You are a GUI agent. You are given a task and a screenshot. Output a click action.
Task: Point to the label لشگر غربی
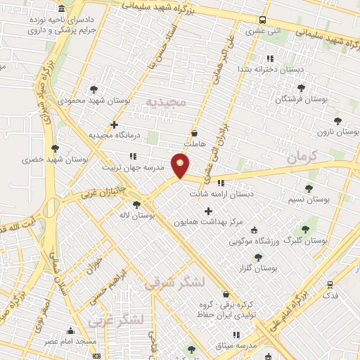tap(117, 321)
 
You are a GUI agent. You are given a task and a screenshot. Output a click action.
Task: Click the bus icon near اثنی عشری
tap(262, 20)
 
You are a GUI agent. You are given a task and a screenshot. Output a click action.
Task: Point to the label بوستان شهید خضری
tap(57, 160)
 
